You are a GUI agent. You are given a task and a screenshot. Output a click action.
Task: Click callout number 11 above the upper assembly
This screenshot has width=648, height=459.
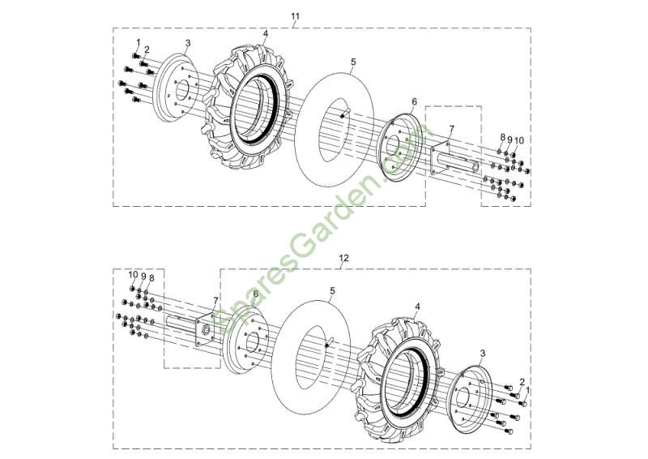[x=295, y=16]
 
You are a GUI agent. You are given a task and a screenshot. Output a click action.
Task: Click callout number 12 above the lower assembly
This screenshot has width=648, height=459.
[x=343, y=258]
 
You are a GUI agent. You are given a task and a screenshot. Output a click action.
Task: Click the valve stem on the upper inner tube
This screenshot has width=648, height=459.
[x=343, y=114]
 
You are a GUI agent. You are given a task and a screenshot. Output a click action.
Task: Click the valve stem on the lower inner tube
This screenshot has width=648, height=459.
[x=330, y=343]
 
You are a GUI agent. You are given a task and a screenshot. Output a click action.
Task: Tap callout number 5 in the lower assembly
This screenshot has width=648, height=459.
[x=332, y=291]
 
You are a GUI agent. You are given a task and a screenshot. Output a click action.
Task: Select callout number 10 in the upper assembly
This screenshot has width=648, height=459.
[x=519, y=141]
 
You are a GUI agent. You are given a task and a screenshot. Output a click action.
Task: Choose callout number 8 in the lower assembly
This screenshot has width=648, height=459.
[x=151, y=278]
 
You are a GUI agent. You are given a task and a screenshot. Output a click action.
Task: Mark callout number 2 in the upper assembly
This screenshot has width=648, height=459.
[x=147, y=49]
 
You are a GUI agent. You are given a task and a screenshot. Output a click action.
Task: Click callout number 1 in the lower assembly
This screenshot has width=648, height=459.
[x=528, y=390]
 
